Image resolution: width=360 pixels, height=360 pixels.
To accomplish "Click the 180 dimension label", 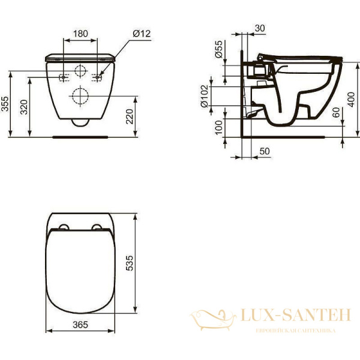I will (80, 33).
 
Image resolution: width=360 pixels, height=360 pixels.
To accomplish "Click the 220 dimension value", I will (130, 116).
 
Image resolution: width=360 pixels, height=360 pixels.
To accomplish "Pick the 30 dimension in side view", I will (260, 28).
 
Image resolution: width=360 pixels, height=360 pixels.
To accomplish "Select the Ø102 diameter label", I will (205, 95).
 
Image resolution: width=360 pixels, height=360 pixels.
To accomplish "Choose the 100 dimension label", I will (219, 127).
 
